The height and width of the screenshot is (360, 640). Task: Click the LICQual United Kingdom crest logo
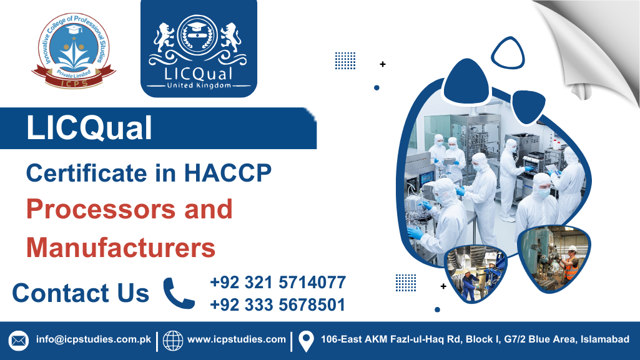click(x=199, y=49)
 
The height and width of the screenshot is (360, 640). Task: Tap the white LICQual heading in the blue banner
click(x=89, y=129)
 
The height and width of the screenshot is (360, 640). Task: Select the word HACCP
click(x=229, y=173)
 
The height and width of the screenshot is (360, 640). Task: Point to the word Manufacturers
click(x=121, y=247)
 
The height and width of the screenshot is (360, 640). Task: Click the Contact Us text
click(x=81, y=293)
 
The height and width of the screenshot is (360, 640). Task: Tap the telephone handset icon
click(x=179, y=293)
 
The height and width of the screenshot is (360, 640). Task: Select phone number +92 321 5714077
click(x=278, y=282)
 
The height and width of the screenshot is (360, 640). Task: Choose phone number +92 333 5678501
click(x=278, y=305)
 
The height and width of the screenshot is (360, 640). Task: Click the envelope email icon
click(x=19, y=341)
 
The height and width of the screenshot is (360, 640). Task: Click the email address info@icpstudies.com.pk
click(x=94, y=340)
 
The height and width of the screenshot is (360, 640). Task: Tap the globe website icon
click(x=173, y=341)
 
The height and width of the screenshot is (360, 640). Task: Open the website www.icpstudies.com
click(x=237, y=340)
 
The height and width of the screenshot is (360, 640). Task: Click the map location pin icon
click(x=305, y=341)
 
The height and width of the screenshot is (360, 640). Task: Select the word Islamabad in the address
click(x=604, y=340)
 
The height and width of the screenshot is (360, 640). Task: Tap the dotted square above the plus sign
click(x=345, y=61)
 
